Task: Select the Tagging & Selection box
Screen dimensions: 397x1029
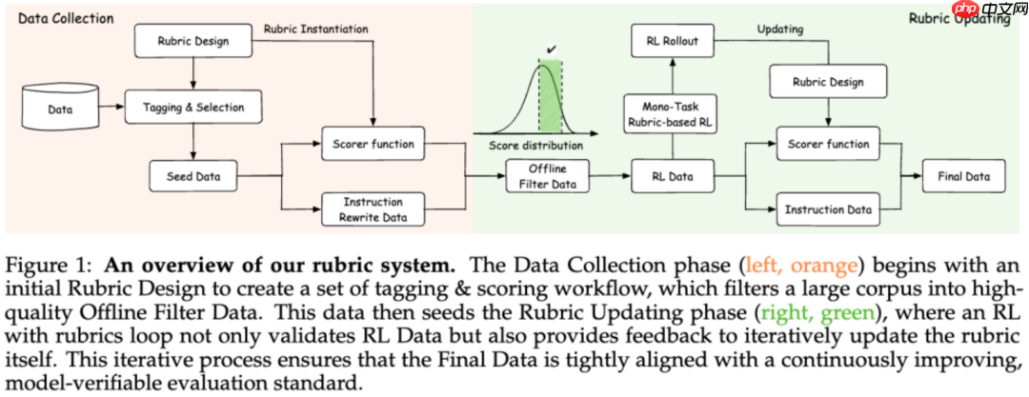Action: (x=192, y=107)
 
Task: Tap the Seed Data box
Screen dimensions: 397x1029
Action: (x=193, y=175)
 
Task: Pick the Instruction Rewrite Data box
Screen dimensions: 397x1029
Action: (x=373, y=208)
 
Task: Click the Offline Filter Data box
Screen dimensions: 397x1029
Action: (x=548, y=176)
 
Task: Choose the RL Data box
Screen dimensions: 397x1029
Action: (x=673, y=176)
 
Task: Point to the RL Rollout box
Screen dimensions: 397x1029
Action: (x=673, y=41)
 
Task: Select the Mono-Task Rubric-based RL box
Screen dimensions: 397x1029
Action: (x=673, y=113)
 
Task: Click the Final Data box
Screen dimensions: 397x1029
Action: (x=962, y=176)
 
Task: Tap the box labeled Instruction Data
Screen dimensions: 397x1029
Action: (x=828, y=209)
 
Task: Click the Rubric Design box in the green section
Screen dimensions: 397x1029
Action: (x=828, y=82)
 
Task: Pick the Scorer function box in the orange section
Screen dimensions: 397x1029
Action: (x=373, y=144)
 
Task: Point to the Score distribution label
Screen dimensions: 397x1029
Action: (x=535, y=147)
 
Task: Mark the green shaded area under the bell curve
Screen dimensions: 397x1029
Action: (x=550, y=105)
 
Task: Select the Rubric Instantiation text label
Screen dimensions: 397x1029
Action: (x=315, y=29)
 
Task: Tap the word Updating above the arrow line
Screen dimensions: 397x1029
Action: (x=779, y=29)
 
